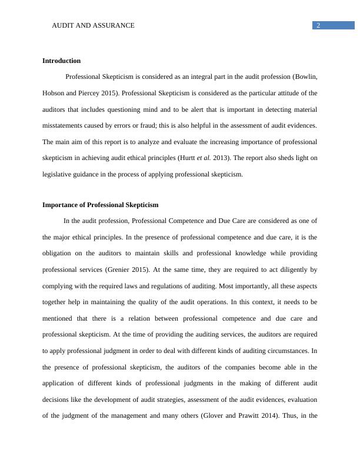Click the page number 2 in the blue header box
[318, 25]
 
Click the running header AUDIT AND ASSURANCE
[94, 25]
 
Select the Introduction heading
[62, 61]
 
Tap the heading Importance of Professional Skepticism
[101, 205]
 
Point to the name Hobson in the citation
[55, 93]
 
